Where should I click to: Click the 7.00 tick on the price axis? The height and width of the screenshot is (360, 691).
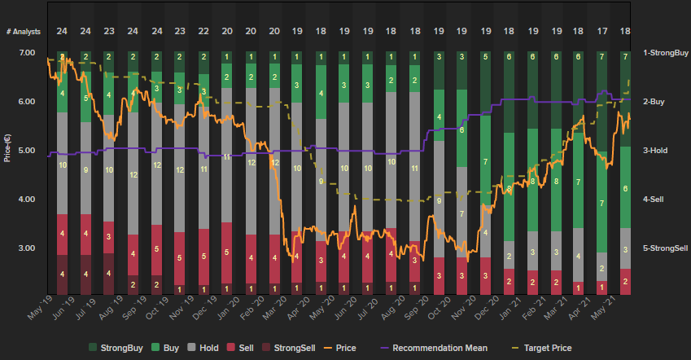click(27, 53)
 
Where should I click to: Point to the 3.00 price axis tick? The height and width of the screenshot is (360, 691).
click(27, 248)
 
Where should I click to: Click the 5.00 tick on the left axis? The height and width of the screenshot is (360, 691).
click(27, 151)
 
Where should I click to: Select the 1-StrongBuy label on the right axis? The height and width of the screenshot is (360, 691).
click(662, 53)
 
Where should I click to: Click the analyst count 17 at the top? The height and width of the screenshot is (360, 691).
click(602, 31)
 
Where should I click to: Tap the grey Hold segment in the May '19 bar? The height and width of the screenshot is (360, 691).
click(62, 163)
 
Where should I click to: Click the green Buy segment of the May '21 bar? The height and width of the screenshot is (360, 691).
click(626, 187)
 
